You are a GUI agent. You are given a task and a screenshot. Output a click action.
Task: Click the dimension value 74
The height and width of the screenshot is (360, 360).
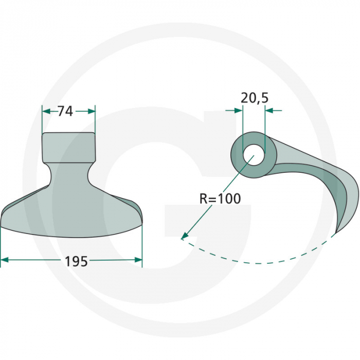(65, 111)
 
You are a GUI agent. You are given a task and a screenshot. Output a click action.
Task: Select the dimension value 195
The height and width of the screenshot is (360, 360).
(76, 261)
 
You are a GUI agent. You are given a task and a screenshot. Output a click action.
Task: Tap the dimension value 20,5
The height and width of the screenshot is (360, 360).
(254, 98)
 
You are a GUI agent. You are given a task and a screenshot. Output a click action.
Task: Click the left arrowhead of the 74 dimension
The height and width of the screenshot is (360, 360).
(45, 111)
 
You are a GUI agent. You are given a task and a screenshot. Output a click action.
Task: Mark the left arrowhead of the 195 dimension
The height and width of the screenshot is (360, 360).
(5, 260)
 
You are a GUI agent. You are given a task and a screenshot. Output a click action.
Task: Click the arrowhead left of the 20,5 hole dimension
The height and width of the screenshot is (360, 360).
(238, 110)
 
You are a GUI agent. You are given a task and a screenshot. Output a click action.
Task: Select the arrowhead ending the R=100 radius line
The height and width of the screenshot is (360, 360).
(183, 237)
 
